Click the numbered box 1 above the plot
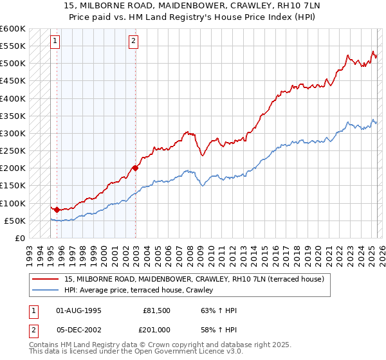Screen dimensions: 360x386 (x=55, y=42)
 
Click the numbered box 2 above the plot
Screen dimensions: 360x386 (x=133, y=42)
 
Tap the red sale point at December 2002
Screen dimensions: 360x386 (x=136, y=168)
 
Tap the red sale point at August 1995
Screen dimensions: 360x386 (x=57, y=210)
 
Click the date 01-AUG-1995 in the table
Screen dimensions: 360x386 (x=78, y=310)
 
